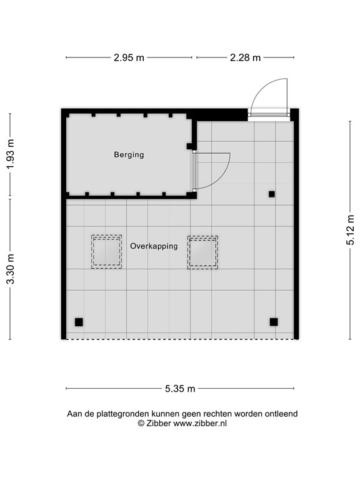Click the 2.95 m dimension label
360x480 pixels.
tap(129, 58)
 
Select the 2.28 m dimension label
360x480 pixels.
tap(244, 58)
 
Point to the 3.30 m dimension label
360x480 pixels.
tap(10, 269)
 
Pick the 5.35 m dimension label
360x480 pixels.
tap(180, 389)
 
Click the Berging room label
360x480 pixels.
tap(129, 154)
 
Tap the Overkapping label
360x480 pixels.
tap(154, 246)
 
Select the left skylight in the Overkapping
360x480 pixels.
tap(106, 252)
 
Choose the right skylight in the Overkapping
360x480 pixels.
tap(202, 252)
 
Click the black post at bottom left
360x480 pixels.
tap(79, 322)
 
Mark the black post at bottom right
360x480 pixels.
tap(273, 322)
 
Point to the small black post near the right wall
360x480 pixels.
tap(271, 194)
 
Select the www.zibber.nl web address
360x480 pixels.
tap(200, 423)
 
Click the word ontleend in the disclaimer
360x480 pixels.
tap(281, 414)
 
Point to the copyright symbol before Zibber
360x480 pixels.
tap(141, 423)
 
